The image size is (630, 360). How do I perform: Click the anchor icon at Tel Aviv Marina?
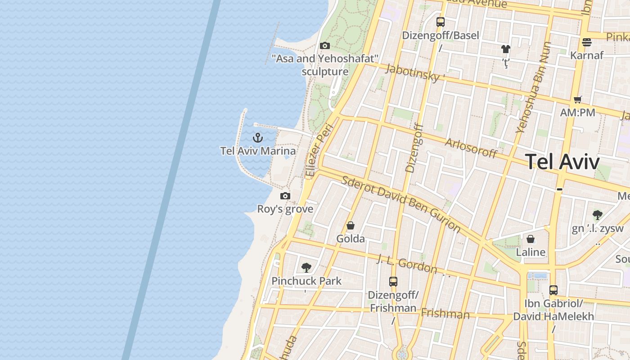(x=258, y=138)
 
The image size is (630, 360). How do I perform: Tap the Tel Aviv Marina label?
(x=258, y=151)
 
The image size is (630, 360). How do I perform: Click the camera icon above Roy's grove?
(x=285, y=196)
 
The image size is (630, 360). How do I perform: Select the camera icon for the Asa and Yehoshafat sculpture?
(x=324, y=45)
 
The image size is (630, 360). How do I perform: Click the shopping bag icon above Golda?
(x=351, y=225)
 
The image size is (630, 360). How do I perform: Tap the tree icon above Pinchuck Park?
(x=306, y=268)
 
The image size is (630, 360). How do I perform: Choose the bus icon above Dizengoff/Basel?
(x=441, y=22)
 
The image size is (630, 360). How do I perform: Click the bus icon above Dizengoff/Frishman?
(x=393, y=282)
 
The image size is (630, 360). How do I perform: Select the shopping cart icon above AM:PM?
(x=578, y=99)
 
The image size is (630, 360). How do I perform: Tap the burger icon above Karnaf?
(x=586, y=42)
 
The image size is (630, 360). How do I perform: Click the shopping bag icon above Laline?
(x=531, y=239)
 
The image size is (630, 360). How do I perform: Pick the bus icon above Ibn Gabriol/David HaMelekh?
(x=553, y=290)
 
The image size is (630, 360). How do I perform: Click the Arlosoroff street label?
(x=471, y=148)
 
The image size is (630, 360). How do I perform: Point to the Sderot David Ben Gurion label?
(x=401, y=204)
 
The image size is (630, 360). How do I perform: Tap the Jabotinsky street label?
(x=412, y=72)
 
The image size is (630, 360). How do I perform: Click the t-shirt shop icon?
(x=506, y=49)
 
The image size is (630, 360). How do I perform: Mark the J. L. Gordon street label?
(x=407, y=264)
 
